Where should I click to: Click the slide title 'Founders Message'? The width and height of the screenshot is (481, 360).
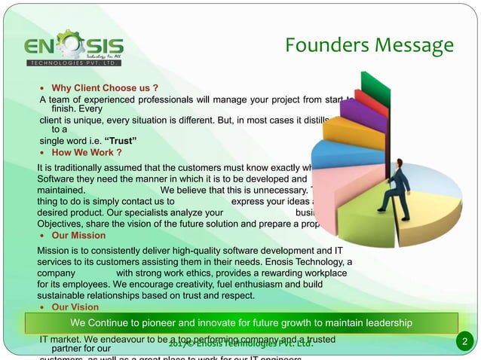(369, 47)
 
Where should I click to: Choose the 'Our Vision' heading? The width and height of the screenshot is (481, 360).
(75, 307)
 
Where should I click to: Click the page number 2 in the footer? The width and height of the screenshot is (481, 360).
(465, 343)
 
